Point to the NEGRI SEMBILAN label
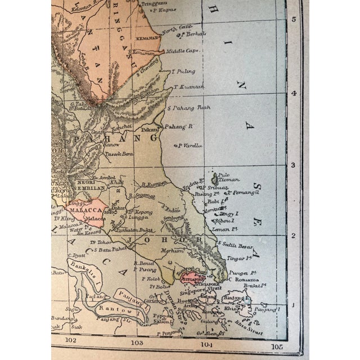click(87, 185)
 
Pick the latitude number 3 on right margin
click(292, 165)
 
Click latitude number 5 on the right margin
click(292, 19)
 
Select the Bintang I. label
click(237, 296)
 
